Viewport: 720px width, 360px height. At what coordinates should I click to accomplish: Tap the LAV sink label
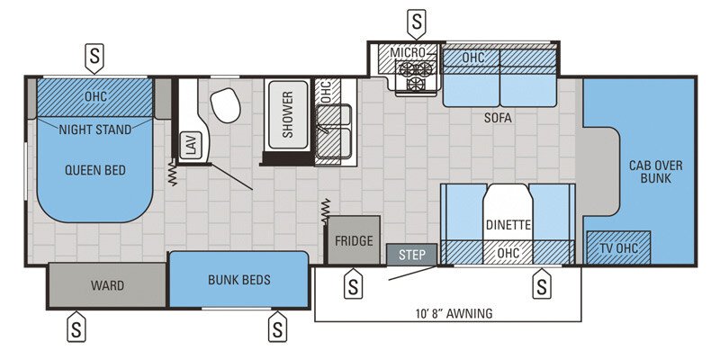(x=190, y=146)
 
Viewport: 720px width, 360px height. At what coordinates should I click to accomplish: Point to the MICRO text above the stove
(x=407, y=53)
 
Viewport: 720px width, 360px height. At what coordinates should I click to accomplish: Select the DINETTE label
(x=508, y=225)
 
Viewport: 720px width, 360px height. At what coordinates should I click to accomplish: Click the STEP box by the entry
(x=412, y=255)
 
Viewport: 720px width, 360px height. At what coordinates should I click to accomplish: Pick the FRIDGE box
(x=354, y=241)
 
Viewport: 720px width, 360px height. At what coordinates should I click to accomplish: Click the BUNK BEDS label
(x=238, y=280)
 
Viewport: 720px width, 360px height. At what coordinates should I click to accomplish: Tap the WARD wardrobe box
(x=107, y=286)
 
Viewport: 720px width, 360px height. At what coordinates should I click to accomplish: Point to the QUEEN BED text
(x=94, y=169)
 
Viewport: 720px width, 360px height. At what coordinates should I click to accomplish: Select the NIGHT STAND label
(x=95, y=130)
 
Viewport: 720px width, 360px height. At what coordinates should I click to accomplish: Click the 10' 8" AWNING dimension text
(x=447, y=314)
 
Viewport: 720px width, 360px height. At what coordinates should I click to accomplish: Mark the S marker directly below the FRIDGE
(x=353, y=285)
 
